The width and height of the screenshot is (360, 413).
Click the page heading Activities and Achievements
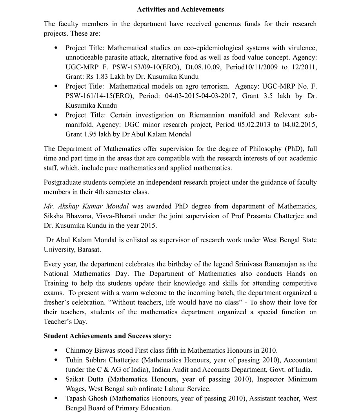(x=180, y=9)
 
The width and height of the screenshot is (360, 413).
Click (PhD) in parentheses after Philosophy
(x=294, y=149)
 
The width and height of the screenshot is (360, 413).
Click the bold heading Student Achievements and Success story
(x=107, y=336)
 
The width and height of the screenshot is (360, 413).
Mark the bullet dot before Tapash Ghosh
(x=56, y=399)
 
